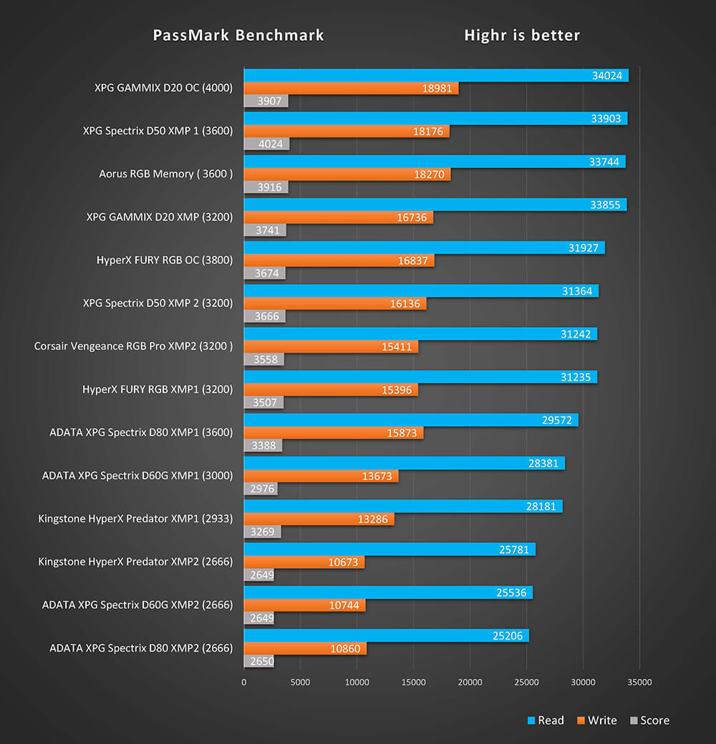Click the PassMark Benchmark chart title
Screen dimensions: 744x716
(x=238, y=35)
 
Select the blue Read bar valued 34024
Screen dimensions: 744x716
(x=436, y=75)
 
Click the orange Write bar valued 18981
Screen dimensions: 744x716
(x=351, y=88)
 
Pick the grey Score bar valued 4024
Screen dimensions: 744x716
(x=266, y=144)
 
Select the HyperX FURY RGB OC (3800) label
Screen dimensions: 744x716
(x=165, y=260)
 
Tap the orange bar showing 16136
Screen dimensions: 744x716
(x=335, y=303)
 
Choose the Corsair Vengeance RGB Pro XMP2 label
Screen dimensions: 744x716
(x=133, y=346)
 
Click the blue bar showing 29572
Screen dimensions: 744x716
(x=411, y=420)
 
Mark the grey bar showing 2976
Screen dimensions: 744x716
(x=261, y=489)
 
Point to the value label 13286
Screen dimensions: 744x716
(x=372, y=519)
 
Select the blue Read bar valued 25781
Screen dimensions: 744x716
(x=390, y=549)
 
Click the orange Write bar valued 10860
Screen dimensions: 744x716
(x=305, y=648)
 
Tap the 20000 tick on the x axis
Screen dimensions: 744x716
(x=470, y=682)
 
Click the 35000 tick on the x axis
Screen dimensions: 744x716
(x=639, y=682)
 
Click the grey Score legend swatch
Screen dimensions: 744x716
(x=634, y=721)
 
